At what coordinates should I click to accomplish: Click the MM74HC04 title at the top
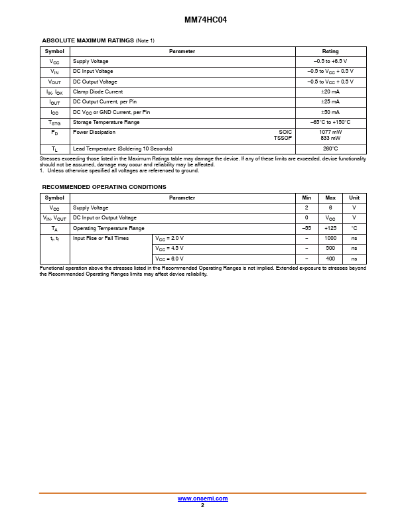tap(202, 20)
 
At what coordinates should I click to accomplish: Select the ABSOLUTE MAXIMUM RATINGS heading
tap(88, 40)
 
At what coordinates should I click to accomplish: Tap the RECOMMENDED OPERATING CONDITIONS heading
tap(104, 187)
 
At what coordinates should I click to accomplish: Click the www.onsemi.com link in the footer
tap(202, 498)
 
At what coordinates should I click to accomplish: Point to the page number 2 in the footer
tap(202, 505)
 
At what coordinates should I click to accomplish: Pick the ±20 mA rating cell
tap(330, 91)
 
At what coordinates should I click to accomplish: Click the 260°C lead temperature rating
tap(330, 148)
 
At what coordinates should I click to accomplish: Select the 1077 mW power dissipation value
tap(330, 132)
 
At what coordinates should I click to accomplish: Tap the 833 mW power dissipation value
tap(330, 138)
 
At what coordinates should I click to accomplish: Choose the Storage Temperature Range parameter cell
tap(106, 123)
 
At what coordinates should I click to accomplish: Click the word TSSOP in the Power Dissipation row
tap(283, 138)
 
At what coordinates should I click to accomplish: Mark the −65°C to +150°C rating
tap(330, 123)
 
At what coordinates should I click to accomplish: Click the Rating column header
tap(330, 51)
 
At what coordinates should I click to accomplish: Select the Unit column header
tap(354, 198)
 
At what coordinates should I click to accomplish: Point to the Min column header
tap(306, 198)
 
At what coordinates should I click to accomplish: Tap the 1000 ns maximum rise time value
tap(330, 238)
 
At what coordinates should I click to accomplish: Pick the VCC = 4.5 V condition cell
tap(170, 248)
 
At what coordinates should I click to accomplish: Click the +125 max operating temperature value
tap(330, 227)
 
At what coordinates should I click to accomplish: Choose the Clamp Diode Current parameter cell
tap(98, 91)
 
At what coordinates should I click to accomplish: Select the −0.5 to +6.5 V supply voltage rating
tap(330, 61)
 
